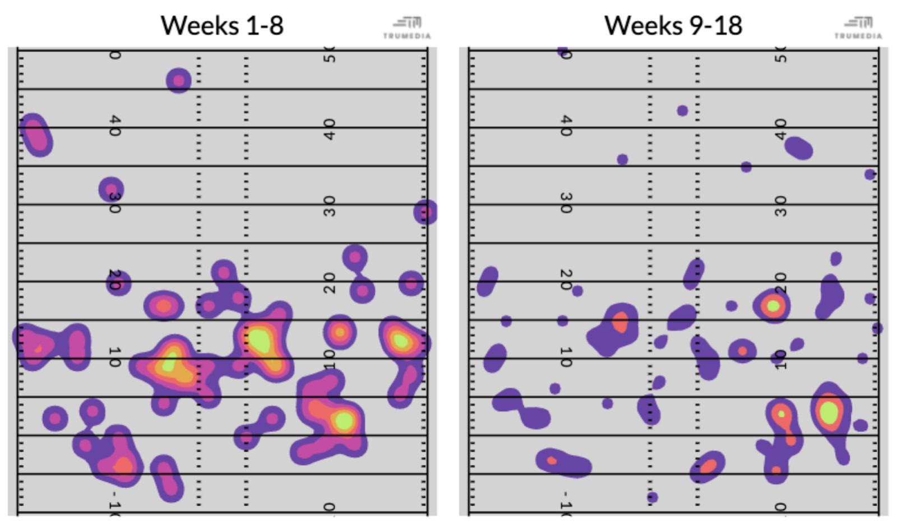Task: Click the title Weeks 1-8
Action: coord(222,26)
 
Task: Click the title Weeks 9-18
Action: coord(673,26)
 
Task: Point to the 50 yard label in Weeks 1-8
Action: coord(330,55)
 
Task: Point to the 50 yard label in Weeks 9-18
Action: coord(780,55)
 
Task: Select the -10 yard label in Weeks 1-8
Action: coord(114,503)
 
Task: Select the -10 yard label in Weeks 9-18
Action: coord(566,503)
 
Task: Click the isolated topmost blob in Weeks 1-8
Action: coord(179,81)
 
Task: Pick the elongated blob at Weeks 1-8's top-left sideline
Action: coord(36,135)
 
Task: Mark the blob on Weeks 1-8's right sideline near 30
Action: coord(425,212)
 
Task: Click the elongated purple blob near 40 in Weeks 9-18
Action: coord(798,149)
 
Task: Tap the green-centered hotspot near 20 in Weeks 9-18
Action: coord(773,306)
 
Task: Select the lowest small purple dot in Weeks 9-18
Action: coord(652,497)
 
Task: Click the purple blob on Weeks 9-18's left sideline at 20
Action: coord(487,281)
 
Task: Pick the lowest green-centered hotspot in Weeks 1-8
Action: coord(344,420)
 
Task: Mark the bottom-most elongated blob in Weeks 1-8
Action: coord(167,478)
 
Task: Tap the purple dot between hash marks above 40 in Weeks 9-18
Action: coord(682,111)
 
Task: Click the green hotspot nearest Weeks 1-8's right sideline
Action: coord(401,340)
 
